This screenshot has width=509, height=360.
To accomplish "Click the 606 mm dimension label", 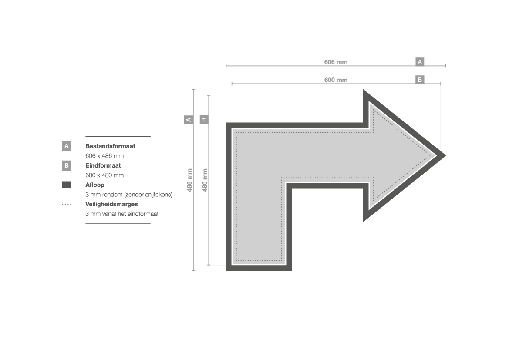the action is (x=336, y=62).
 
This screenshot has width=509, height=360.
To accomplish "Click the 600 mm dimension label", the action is (x=336, y=80).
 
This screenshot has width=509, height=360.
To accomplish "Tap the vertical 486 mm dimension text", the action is (x=189, y=180).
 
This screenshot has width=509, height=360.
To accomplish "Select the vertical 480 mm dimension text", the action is (x=205, y=180).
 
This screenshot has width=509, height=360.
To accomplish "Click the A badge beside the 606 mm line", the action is (x=420, y=62).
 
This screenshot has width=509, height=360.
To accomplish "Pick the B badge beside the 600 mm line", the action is (x=420, y=80).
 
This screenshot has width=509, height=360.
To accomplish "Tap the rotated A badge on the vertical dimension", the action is (x=189, y=119).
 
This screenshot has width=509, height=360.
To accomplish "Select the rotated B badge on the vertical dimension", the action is (x=204, y=119).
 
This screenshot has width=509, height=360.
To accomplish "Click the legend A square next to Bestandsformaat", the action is (x=67, y=146).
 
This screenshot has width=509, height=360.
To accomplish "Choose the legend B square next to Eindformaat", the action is (x=67, y=165).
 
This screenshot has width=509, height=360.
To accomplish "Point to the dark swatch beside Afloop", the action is (x=67, y=185).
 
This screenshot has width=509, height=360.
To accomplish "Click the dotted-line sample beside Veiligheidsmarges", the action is (x=67, y=204).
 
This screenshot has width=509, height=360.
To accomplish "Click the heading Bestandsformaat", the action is (x=110, y=146).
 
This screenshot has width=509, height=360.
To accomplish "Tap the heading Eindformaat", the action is (x=103, y=165).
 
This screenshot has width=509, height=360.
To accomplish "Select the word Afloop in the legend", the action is (x=95, y=185).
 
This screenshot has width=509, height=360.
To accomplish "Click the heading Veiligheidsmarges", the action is (x=111, y=204).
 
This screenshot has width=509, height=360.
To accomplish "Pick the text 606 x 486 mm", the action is (x=104, y=156).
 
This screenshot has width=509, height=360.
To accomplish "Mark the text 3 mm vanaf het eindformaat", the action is (x=122, y=214).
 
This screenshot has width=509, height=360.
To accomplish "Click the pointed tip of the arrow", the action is (x=445, y=155).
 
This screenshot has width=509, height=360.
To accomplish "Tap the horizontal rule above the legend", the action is (x=118, y=137).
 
